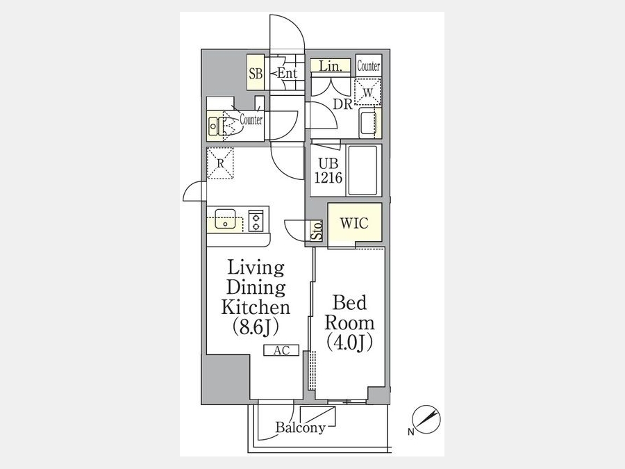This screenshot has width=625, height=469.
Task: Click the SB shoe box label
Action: click(x=256, y=74)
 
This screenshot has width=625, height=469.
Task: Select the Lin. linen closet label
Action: click(x=331, y=66)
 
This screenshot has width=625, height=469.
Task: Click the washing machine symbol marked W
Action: click(x=367, y=92)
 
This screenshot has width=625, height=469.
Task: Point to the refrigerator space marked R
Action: click(x=220, y=163)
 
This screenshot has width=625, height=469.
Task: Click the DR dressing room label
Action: click(x=343, y=104)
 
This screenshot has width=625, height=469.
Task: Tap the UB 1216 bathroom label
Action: click(x=328, y=170)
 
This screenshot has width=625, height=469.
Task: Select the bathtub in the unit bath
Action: click(x=362, y=170)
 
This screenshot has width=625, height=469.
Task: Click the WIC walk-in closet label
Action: click(x=354, y=223)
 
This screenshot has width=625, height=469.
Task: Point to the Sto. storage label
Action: click(x=317, y=231)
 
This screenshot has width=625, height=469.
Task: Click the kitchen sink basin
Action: click(x=225, y=219)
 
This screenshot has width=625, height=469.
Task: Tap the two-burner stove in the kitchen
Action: click(x=256, y=221)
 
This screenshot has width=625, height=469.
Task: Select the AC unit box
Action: click(x=281, y=350)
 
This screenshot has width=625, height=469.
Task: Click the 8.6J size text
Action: click(x=256, y=328)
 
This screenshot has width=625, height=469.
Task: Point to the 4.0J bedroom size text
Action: click(x=349, y=343)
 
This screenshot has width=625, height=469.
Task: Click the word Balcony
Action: click(x=301, y=428)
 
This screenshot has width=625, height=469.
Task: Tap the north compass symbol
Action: click(x=426, y=420)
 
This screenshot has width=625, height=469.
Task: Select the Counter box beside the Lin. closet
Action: click(x=368, y=66)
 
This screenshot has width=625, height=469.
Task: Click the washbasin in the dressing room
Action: click(x=367, y=122)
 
